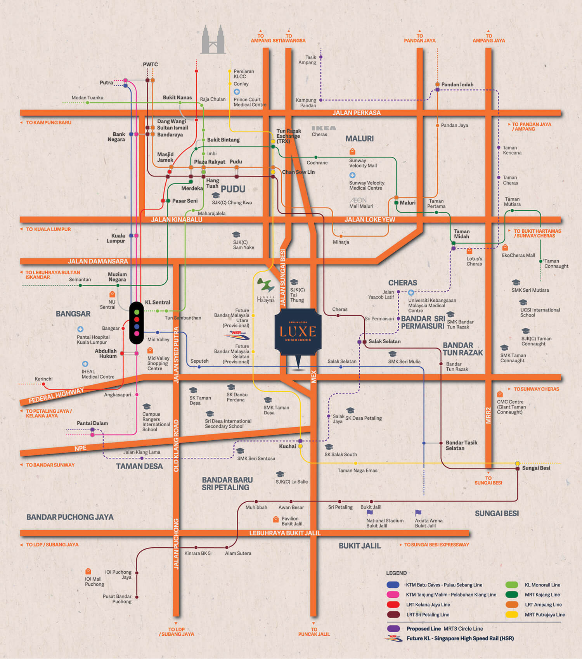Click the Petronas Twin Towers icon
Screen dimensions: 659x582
click(x=213, y=40)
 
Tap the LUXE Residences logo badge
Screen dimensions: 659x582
click(x=298, y=332)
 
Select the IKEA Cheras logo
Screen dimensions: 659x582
click(x=324, y=128)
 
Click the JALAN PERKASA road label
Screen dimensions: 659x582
click(x=356, y=113)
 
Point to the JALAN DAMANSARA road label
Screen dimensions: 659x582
click(x=98, y=261)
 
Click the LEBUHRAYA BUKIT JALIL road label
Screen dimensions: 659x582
click(x=285, y=533)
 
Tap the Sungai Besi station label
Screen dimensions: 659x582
click(x=536, y=468)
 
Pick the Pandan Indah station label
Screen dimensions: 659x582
click(x=457, y=85)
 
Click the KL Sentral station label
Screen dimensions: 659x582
click(x=158, y=303)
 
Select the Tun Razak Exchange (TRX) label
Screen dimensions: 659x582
click(x=288, y=136)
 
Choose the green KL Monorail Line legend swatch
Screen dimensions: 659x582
click(x=512, y=585)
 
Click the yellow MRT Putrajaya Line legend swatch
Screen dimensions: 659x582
click(x=512, y=615)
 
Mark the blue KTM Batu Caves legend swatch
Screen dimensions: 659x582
click(x=393, y=585)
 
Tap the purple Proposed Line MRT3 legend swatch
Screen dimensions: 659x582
click(x=393, y=629)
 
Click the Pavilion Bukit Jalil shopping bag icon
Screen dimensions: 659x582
click(x=276, y=519)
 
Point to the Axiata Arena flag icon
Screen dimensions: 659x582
click(x=418, y=513)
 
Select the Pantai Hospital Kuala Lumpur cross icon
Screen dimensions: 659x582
click(x=80, y=329)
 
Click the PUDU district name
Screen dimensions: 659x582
click(x=233, y=189)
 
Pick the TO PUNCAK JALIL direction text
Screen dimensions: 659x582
click(x=314, y=632)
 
